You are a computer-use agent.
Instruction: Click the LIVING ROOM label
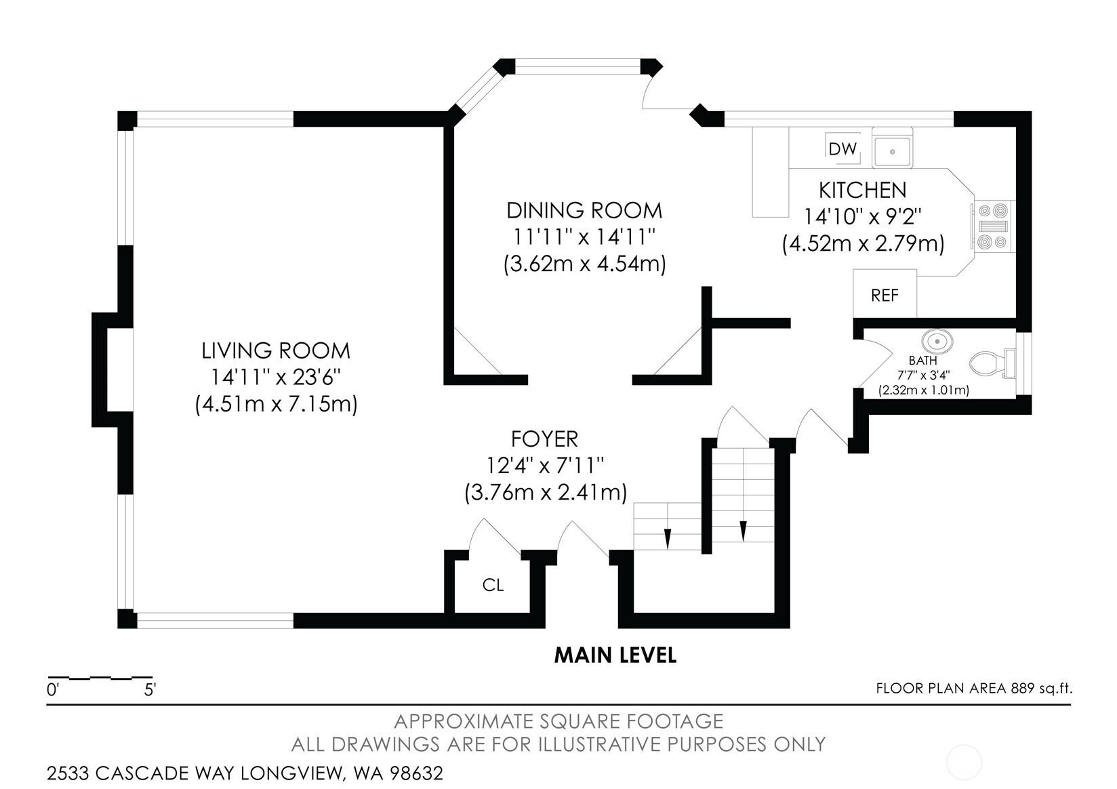coord(276,350)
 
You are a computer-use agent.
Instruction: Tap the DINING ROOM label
coord(584,210)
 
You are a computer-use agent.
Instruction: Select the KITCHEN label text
coord(863,190)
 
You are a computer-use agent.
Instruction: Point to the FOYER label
coord(544,439)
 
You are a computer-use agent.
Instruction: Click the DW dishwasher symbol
coord(842,148)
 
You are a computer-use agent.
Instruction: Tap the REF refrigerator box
coord(885,294)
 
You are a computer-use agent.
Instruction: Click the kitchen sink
coord(892,148)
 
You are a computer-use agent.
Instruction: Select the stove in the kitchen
coord(993,226)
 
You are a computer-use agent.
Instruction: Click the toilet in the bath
coord(992,363)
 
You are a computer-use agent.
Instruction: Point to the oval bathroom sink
coord(937,342)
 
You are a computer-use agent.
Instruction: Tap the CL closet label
coord(493,584)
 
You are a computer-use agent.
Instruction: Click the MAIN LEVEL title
coord(615,655)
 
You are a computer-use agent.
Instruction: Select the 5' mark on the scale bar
coord(150,690)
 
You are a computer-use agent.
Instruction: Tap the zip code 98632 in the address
coord(416,773)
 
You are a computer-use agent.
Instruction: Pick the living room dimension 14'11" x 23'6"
coord(276,377)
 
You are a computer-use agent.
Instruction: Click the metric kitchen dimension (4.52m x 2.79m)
coord(863,244)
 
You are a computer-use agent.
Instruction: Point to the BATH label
coord(923,360)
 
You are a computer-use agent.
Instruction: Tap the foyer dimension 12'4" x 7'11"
coord(545,466)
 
